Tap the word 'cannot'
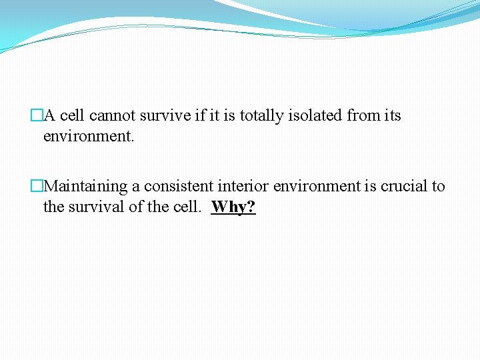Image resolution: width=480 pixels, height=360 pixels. [x=113, y=116]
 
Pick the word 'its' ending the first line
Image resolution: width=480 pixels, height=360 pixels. [x=393, y=116]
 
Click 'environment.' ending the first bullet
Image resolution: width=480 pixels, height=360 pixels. [x=89, y=137]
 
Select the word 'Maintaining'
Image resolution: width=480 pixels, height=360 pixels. [x=86, y=187]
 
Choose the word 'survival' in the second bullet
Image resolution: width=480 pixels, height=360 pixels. [x=97, y=207]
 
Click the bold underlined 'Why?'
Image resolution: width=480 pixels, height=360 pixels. [x=233, y=207]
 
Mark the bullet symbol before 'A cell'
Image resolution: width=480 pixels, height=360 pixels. [x=37, y=116]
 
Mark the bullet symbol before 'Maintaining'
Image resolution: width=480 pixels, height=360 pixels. [x=37, y=187]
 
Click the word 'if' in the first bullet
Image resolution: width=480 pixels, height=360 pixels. [x=200, y=116]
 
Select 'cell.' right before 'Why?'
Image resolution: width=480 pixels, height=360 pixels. [x=185, y=207]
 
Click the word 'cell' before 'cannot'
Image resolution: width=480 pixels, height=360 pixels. [x=73, y=116]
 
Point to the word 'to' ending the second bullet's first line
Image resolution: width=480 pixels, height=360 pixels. [x=438, y=187]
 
